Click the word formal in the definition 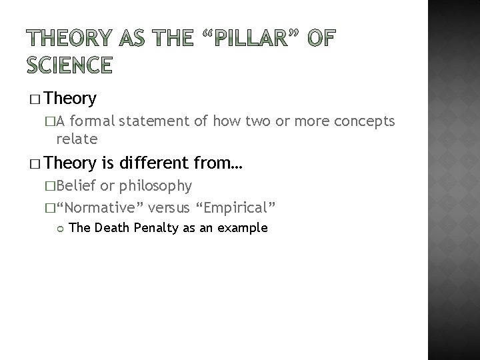(95, 121)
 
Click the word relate (77, 139)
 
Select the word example (244, 228)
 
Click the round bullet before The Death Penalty (58, 229)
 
